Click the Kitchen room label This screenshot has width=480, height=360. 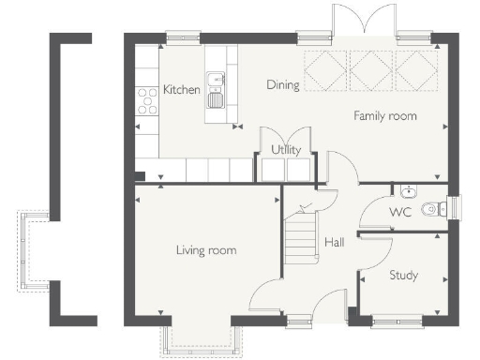point(182,90)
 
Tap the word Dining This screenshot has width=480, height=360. point(283,85)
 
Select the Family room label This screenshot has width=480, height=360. point(385,116)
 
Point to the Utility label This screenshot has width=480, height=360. point(286,150)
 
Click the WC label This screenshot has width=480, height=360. point(400,212)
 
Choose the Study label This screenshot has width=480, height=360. point(404,276)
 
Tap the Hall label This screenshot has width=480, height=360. point(335,242)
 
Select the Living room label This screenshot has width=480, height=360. point(206,250)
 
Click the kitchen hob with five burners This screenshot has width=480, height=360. point(147,101)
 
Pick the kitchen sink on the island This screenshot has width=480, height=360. point(216,90)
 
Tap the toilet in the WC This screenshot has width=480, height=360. point(434,209)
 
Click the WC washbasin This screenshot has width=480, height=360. point(409,191)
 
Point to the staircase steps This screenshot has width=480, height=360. point(301,238)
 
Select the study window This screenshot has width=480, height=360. point(397,322)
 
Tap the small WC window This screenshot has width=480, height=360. point(454,207)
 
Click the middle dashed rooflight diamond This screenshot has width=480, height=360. point(371,71)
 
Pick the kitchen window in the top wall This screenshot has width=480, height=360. point(183,38)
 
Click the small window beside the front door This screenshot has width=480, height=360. point(299,322)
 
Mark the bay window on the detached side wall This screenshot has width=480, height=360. point(33,251)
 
